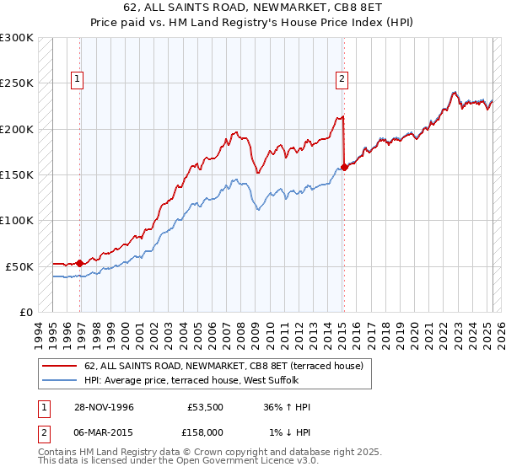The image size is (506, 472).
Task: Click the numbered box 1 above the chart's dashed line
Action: [x=77, y=80]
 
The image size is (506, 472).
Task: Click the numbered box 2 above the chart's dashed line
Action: [x=342, y=80]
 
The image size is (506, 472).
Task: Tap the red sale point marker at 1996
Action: [x=80, y=263]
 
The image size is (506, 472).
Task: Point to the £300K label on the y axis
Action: [x=17, y=38]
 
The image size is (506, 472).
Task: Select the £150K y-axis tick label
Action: [x=17, y=174]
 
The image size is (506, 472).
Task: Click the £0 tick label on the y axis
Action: [x=25, y=312]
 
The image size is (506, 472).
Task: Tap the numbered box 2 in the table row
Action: [x=43, y=432]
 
